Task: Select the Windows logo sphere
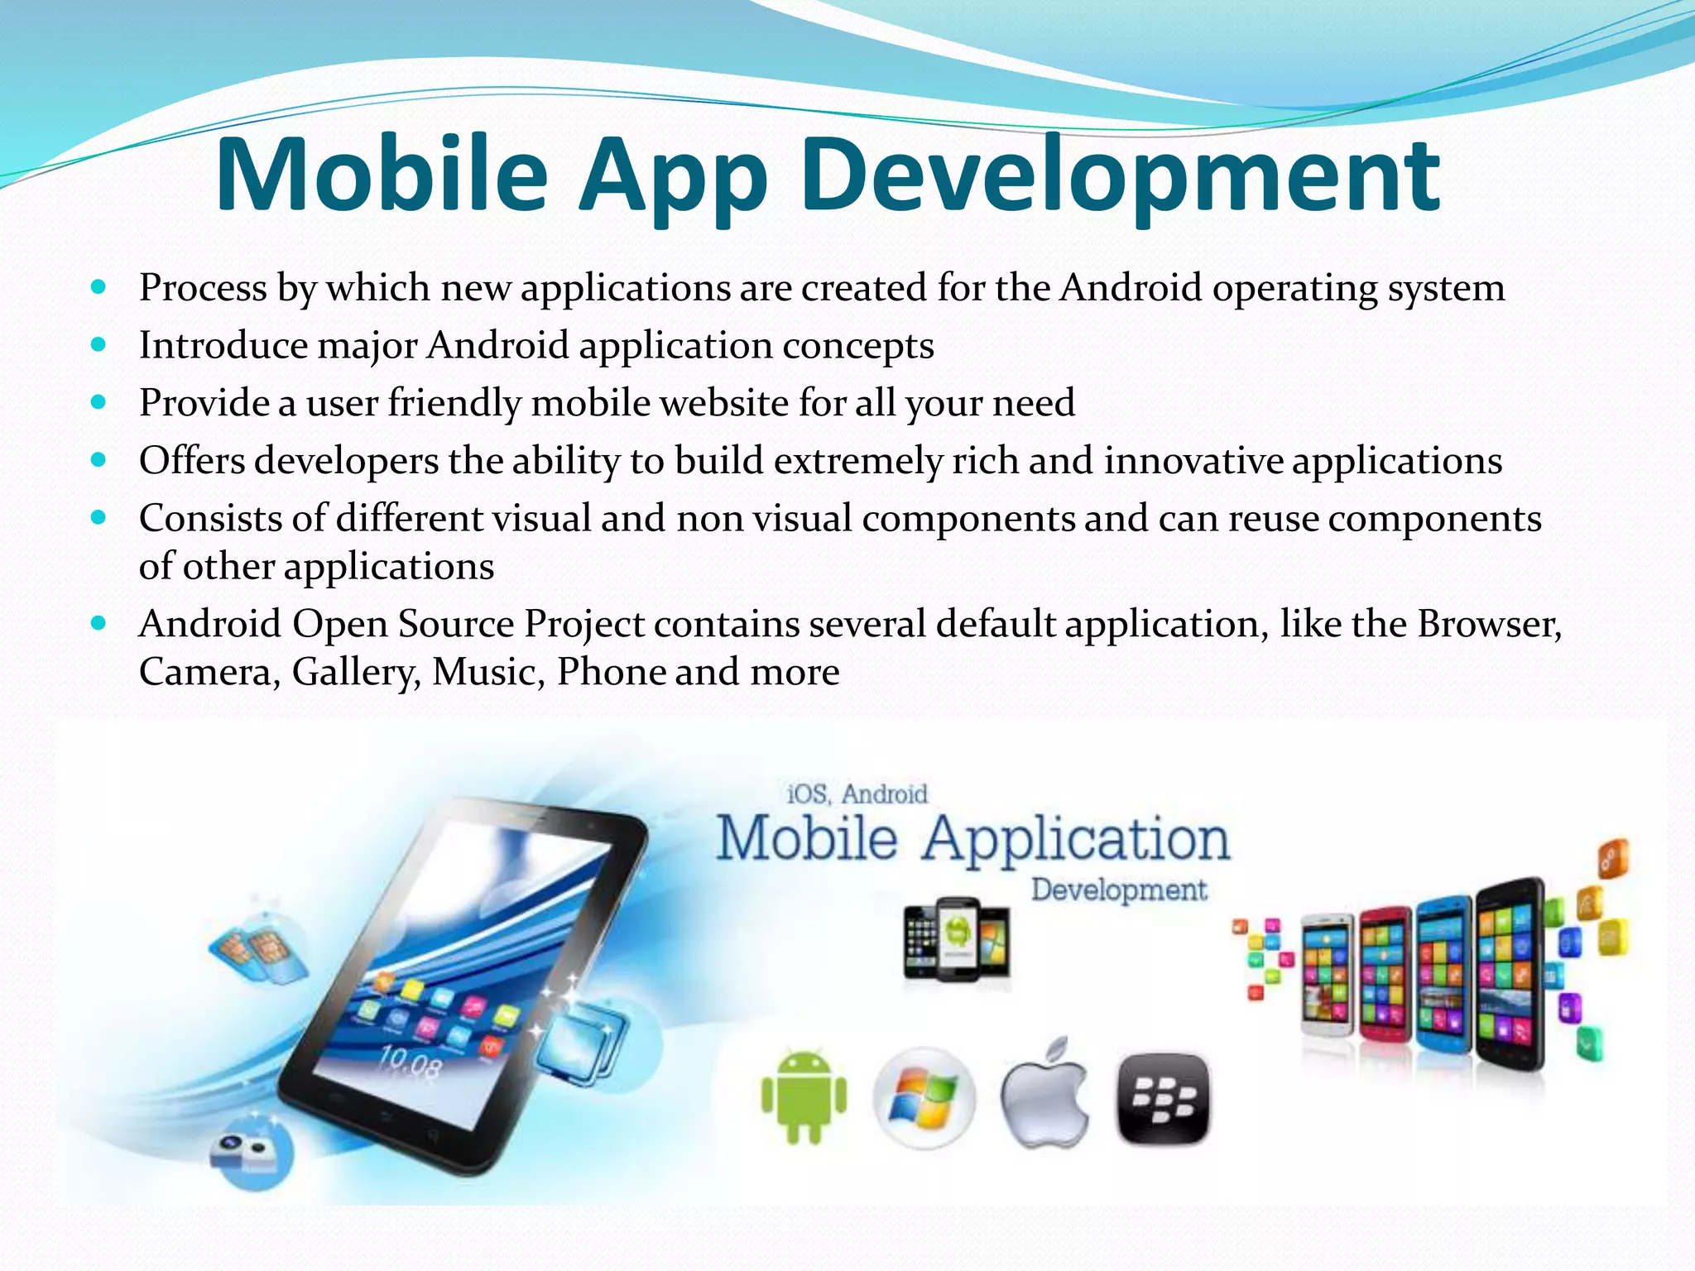point(924,1098)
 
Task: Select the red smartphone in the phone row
point(1385,976)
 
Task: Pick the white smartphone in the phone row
point(1328,976)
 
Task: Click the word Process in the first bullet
point(203,288)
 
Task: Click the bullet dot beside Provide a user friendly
point(99,403)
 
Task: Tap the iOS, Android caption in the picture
point(857,794)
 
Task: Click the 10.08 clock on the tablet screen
point(410,1062)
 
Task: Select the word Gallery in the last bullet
point(353,672)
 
